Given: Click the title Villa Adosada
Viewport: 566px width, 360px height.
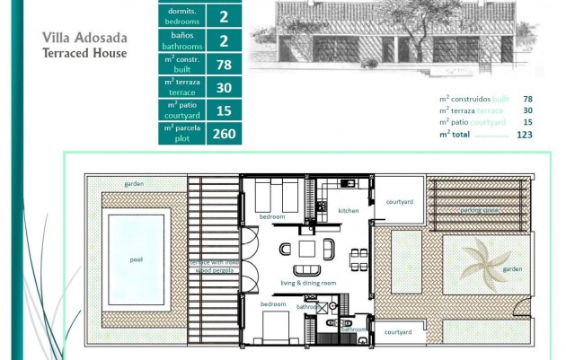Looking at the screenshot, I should tap(85, 39).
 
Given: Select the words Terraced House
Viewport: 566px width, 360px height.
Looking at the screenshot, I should tap(84, 53).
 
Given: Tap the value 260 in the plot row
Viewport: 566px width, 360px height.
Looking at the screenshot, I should tap(223, 134).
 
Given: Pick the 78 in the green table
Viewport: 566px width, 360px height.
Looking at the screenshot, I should tap(223, 64).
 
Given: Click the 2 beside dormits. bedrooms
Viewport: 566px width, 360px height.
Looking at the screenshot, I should tap(223, 16).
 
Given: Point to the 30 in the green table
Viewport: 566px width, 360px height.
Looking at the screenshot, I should tap(223, 87).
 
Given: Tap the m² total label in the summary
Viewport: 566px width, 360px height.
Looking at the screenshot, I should tap(456, 134).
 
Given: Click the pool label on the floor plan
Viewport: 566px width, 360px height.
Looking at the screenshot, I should tap(137, 259).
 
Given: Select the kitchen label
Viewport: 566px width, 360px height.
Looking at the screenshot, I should tap(349, 211).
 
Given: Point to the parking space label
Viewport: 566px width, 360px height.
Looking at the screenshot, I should tap(480, 211).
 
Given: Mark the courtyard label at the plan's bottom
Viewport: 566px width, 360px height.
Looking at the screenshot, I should tap(398, 332).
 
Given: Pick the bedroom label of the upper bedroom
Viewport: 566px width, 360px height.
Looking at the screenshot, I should tap(272, 217).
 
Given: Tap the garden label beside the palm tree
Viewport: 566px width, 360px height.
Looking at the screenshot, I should tap(513, 268).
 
